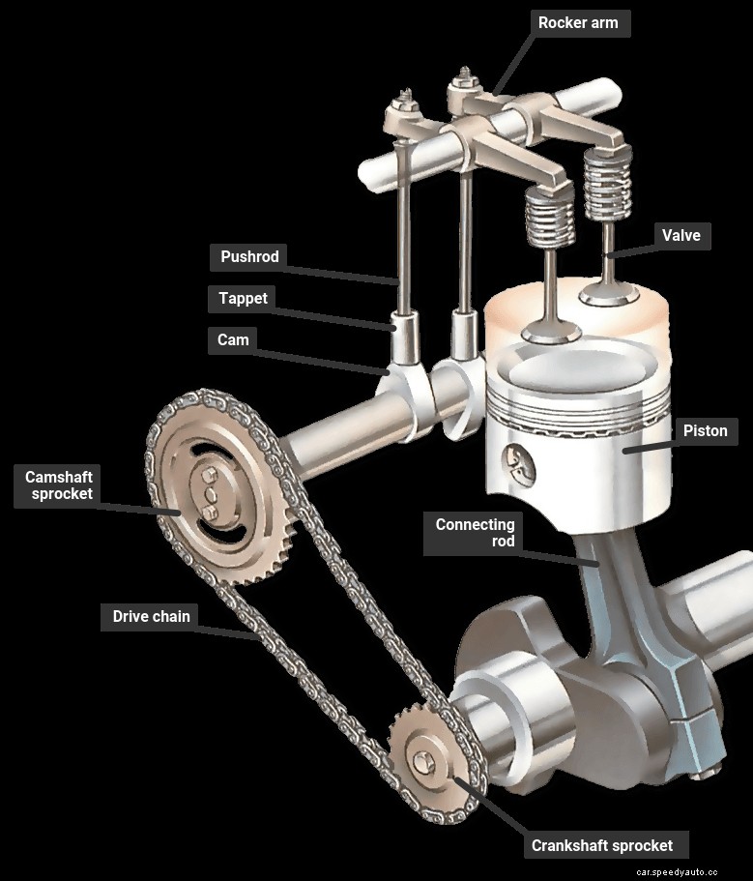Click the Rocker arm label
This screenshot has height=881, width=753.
pos(578,23)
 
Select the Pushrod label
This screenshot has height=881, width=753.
pos(249,257)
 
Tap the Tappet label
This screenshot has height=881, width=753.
pos(243,299)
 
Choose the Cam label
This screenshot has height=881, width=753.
pos(233,339)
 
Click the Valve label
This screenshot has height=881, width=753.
pos(681,235)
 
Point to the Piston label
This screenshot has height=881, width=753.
pos(705,430)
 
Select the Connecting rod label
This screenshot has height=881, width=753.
pos(475,534)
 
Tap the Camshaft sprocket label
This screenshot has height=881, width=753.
pos(59,485)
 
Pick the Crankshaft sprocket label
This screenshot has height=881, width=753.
pos(602,845)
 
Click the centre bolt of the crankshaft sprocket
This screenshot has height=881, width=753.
pos(421,763)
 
